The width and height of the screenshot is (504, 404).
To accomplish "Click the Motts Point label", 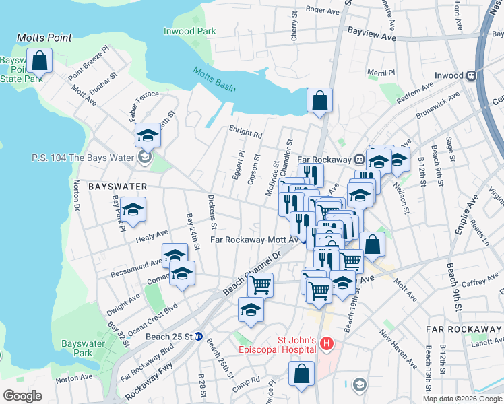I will click(x=44, y=38).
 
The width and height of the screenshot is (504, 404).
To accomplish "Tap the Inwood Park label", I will click(x=189, y=31).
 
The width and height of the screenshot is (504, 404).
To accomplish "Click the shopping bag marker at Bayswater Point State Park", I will click(x=40, y=61).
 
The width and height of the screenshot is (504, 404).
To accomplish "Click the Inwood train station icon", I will click(x=473, y=75).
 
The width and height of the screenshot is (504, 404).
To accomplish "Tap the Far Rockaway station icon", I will click(x=360, y=160).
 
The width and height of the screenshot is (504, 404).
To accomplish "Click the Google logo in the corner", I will click(x=22, y=396).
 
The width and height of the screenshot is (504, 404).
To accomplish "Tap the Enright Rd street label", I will click(x=245, y=135).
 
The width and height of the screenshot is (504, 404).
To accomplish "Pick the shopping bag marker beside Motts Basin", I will click(x=319, y=101).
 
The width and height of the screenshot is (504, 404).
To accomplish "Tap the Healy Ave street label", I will click(x=152, y=235).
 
